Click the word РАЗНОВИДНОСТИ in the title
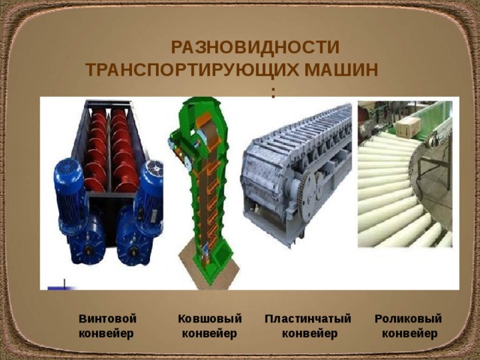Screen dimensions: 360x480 coord(255,47)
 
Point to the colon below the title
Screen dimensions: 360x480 coord(274,92)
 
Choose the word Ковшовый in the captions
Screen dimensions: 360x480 coord(210,318)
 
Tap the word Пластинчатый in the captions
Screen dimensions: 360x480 coord(308,318)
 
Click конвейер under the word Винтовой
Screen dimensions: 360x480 coord(106,333)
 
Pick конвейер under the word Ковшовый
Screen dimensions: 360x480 coord(211,333)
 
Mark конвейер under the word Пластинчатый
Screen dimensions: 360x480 coord(310,333)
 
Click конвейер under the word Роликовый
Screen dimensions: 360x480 coord(409,333)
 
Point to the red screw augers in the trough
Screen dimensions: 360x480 coord(109,150)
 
